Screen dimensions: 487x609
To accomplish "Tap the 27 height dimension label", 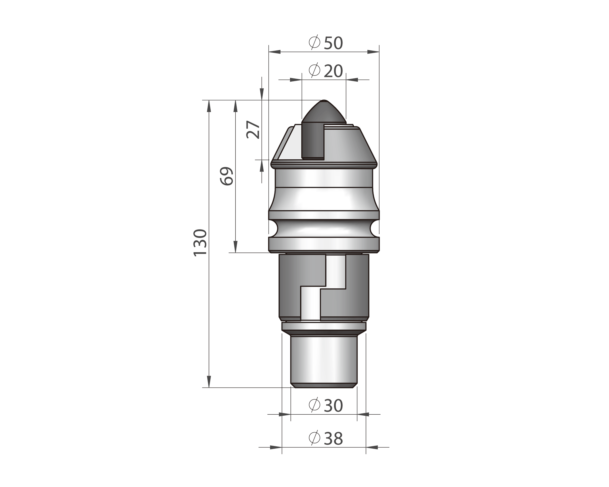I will coord(253,129).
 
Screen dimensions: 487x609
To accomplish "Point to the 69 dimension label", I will coord(227,176).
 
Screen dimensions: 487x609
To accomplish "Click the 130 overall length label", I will coord(200,242).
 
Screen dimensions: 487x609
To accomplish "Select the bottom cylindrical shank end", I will coord(324,360).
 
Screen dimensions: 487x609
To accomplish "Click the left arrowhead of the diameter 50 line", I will coord(274,52).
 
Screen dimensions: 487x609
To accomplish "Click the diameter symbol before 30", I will coord(314,405).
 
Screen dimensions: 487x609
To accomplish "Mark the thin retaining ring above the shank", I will coord(324,326).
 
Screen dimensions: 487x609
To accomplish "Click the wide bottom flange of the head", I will coord(324,244).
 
